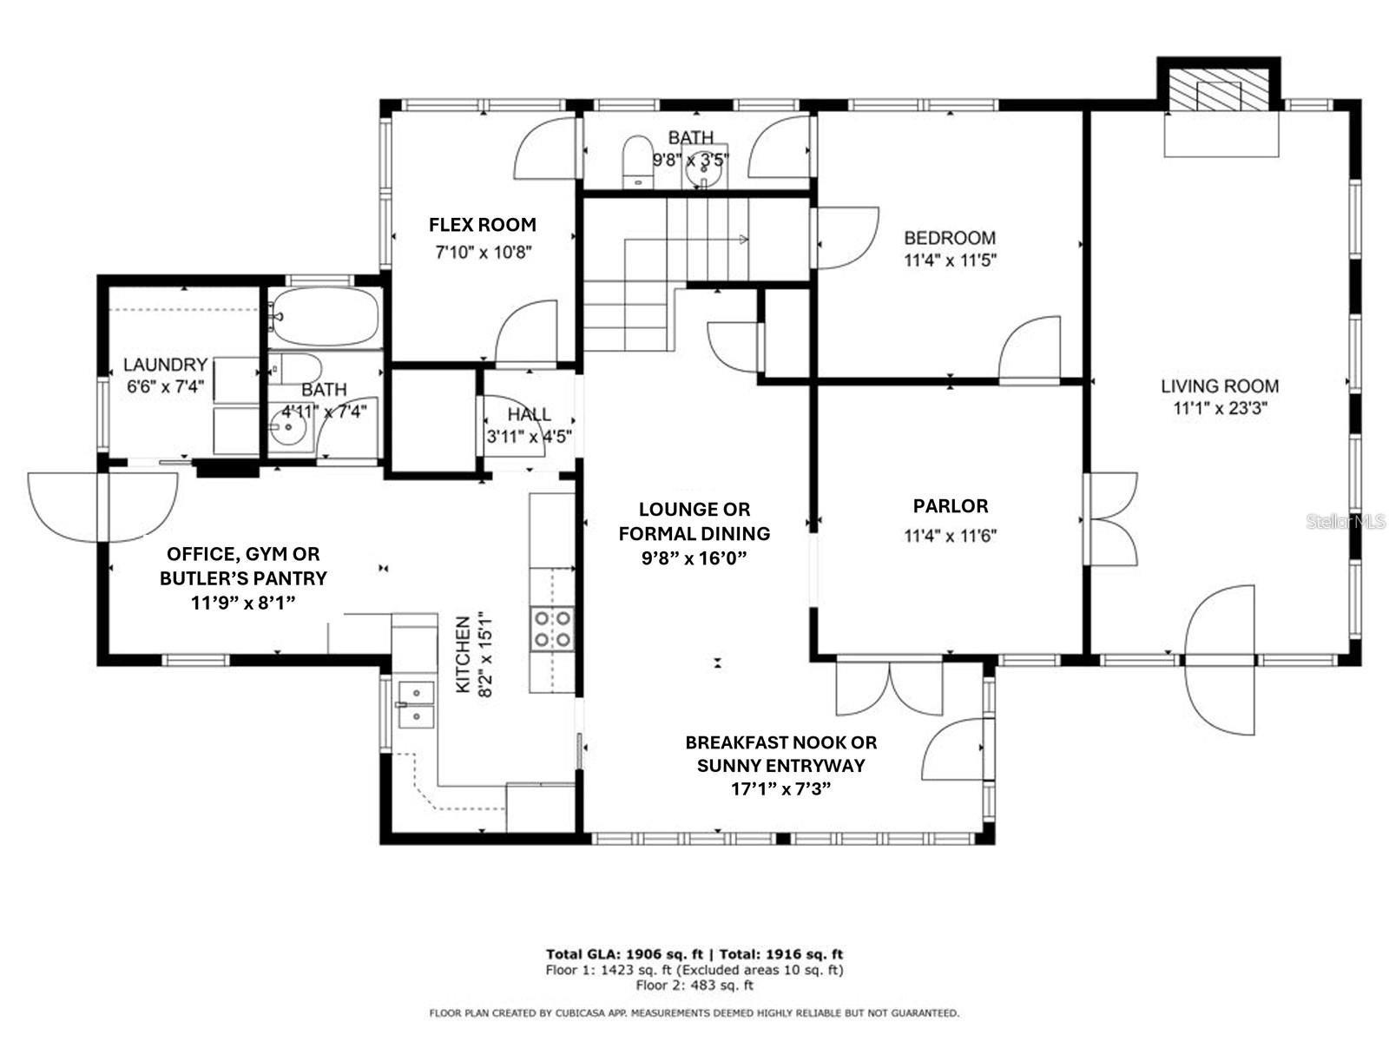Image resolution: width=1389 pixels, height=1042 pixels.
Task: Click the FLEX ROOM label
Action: point(483,225)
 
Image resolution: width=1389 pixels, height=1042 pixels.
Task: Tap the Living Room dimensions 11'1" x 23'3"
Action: point(1220,408)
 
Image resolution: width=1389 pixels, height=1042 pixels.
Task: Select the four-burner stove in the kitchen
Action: point(553,629)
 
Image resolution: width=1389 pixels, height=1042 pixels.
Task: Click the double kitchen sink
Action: point(416,704)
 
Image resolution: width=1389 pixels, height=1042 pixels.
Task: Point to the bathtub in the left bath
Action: point(324,317)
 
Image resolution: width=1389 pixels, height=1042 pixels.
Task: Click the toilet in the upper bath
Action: point(636,159)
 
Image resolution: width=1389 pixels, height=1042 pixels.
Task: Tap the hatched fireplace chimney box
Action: point(1219,89)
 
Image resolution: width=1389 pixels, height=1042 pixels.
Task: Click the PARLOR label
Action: point(950,506)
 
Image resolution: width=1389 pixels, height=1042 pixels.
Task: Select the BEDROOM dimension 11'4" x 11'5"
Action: point(950,260)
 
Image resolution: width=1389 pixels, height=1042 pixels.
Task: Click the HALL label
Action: point(529,415)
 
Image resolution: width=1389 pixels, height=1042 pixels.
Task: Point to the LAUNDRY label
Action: point(165,365)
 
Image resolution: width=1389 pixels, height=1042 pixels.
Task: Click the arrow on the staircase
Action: point(742,239)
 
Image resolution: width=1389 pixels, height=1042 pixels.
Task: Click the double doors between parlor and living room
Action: point(1111,519)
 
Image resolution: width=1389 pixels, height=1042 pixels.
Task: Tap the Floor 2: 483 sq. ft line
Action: point(694,986)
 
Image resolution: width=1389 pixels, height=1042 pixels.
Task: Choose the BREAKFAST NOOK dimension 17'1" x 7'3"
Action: point(780,788)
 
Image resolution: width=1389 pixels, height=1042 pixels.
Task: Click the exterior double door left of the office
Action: point(102,507)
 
